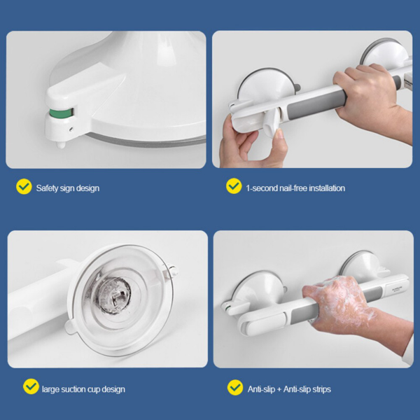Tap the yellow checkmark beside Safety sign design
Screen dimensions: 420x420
[24, 186]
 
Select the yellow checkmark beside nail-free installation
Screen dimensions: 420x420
[234, 186]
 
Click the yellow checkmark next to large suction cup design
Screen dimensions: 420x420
[31, 386]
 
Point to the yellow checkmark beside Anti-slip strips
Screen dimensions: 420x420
[235, 387]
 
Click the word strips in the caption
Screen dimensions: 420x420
[321, 389]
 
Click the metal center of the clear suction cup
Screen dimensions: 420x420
[114, 294]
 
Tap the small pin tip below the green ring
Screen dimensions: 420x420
[61, 145]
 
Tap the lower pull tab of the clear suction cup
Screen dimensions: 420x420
[70, 327]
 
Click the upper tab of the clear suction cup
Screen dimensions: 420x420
[171, 270]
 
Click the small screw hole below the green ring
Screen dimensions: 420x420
[71, 129]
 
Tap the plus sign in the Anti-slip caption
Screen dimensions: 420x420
[279, 389]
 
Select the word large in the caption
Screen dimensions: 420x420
[50, 389]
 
